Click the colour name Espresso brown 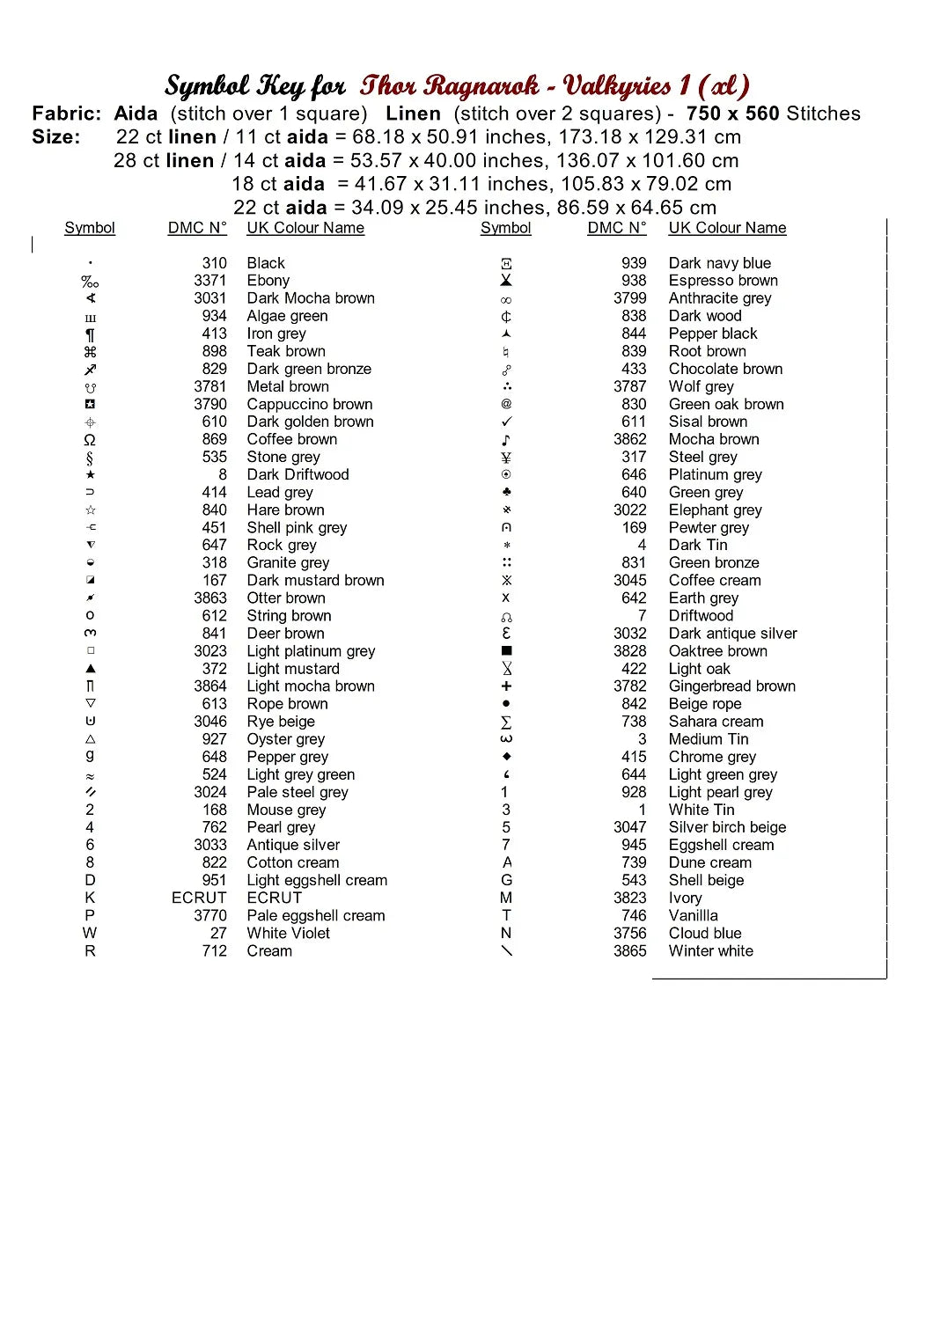click(x=723, y=281)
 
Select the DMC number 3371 click(x=210, y=281)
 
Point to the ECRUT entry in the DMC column click(x=199, y=898)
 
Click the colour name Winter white click(x=710, y=950)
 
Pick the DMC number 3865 click(x=630, y=950)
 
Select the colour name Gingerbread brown click(x=731, y=686)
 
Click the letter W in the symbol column click(x=90, y=933)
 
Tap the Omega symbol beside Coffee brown click(x=90, y=440)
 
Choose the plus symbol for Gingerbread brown click(x=506, y=686)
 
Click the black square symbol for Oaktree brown click(x=506, y=651)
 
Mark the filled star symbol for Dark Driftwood click(x=90, y=475)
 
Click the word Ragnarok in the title click(x=482, y=85)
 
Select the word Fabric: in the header click(x=67, y=114)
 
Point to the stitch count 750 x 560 click(x=733, y=114)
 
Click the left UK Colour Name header click(x=305, y=228)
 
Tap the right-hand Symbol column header click(x=506, y=228)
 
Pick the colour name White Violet click(x=288, y=933)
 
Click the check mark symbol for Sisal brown click(x=506, y=422)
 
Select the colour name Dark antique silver click(x=732, y=634)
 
